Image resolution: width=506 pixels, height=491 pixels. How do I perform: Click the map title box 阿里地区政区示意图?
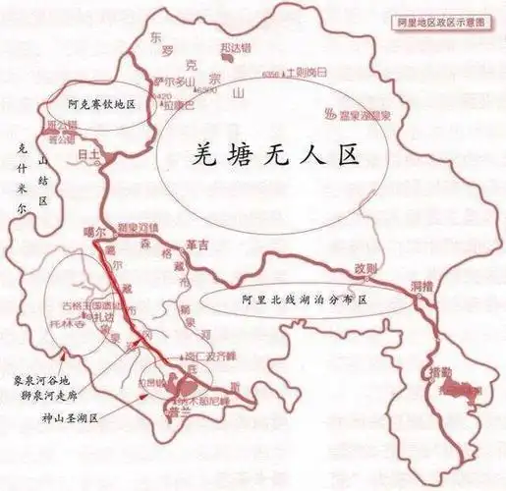tap(448, 21)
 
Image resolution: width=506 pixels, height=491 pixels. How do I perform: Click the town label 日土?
tap(88, 155)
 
